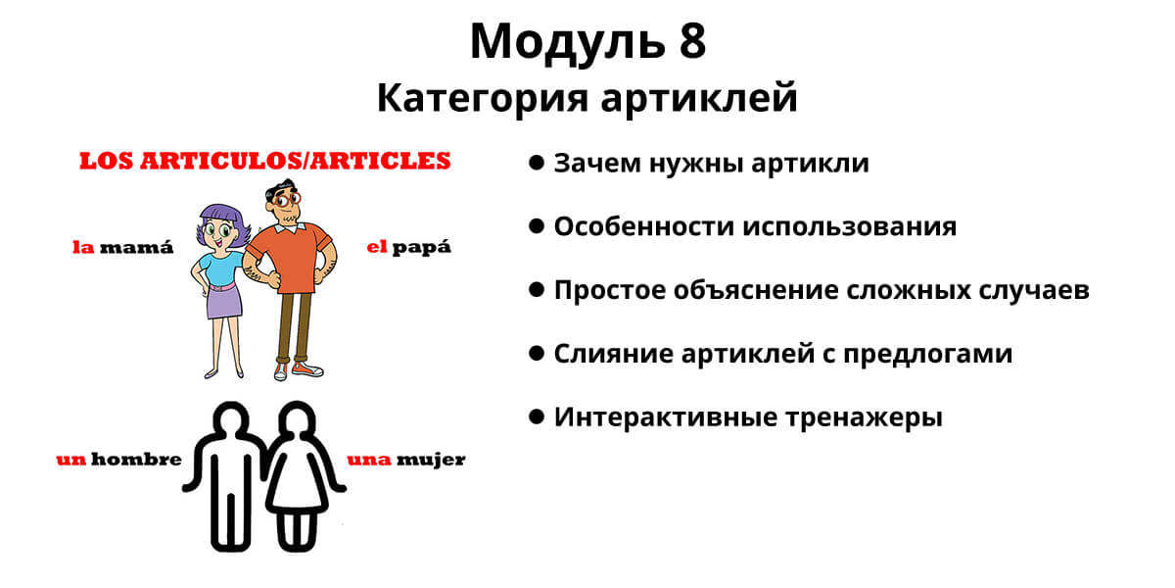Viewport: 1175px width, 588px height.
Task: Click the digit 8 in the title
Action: pos(693,41)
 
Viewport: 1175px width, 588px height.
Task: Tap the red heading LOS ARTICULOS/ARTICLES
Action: pos(265,161)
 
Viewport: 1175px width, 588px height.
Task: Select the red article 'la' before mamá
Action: pos(83,247)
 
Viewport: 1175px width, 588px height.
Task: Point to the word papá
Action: pos(422,248)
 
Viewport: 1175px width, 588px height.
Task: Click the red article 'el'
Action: pos(377,247)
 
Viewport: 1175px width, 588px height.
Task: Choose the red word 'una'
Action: pos(369,460)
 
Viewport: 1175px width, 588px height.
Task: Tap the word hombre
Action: pos(136,460)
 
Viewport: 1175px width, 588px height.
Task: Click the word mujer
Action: pos(431,461)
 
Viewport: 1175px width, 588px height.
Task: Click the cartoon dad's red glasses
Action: pos(286,200)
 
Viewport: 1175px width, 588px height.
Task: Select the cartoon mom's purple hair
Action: pos(221,220)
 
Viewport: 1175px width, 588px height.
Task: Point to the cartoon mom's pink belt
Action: pos(222,287)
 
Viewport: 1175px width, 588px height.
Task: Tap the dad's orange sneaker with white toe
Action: pos(307,369)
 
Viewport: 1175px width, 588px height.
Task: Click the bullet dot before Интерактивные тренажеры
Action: pos(537,417)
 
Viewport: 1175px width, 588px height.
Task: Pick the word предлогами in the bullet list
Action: pos(928,355)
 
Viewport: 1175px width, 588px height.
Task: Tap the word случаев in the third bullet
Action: pos(1034,290)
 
